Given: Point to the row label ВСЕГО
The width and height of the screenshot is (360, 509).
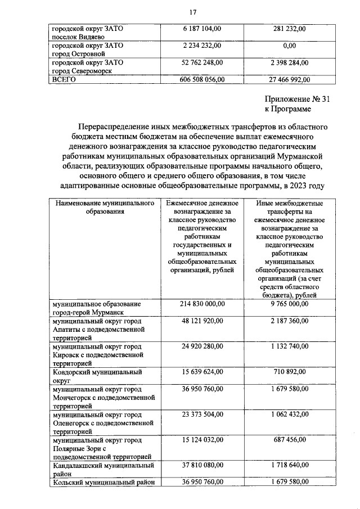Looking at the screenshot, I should [x=64, y=80].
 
